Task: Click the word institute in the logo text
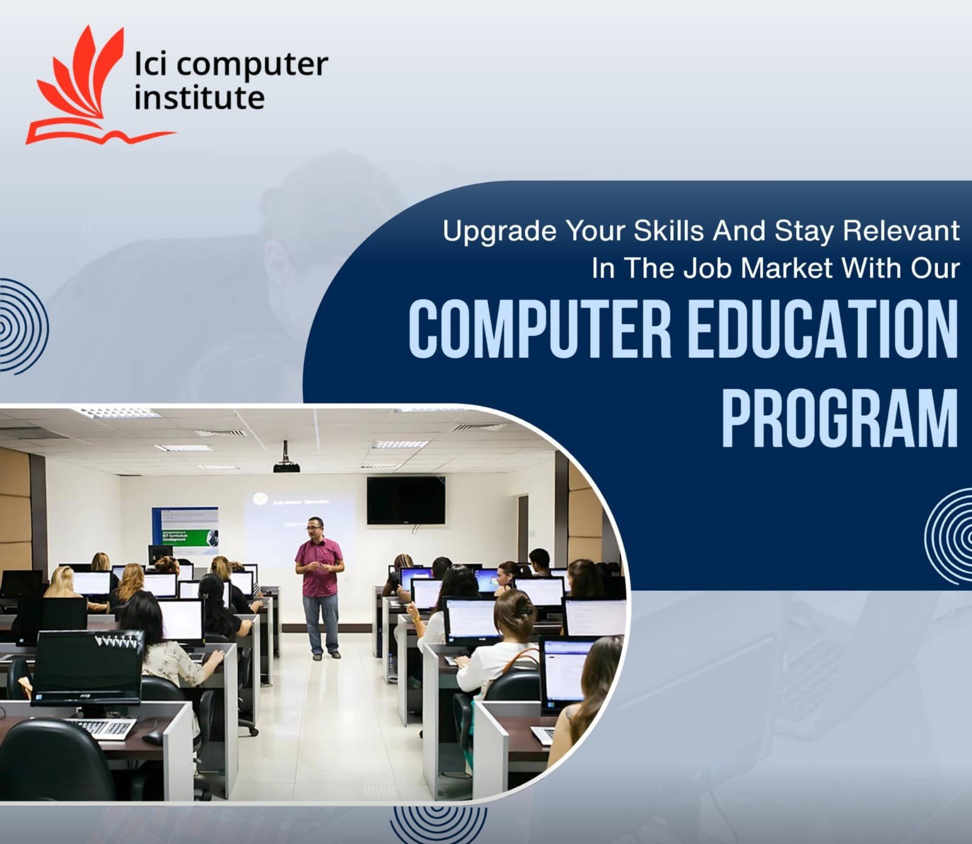[199, 98]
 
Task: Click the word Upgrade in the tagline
[499, 232]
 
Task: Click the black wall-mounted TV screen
[406, 500]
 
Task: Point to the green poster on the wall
[185, 530]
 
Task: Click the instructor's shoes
[326, 655]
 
